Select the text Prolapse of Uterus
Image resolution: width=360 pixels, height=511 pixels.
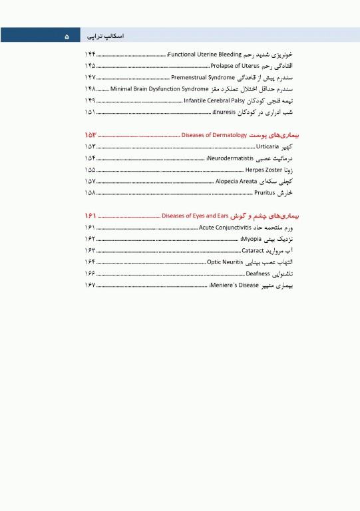231,66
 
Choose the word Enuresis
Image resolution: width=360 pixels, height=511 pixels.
225,111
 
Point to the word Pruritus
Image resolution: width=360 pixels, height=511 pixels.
264,192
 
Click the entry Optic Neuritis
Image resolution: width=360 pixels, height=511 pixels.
228,262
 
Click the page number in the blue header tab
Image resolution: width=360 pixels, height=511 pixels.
67,36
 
